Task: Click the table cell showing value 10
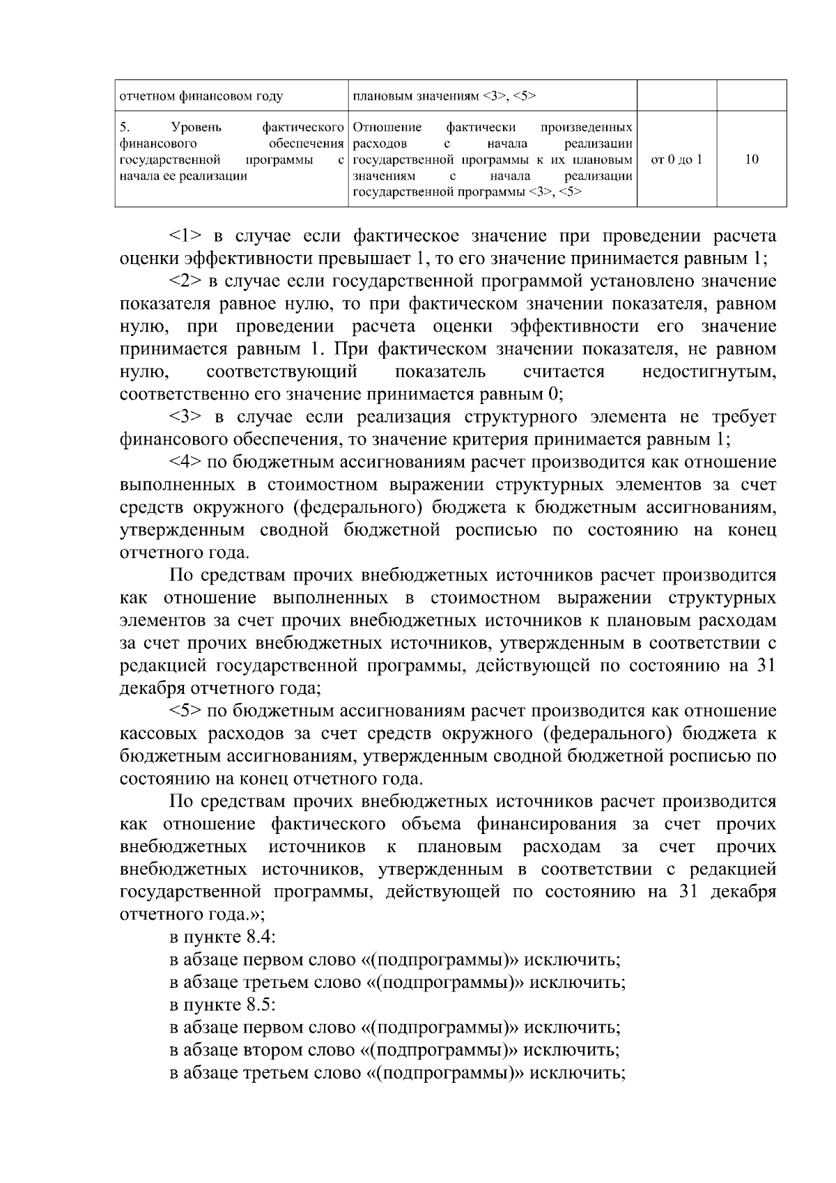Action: click(x=751, y=160)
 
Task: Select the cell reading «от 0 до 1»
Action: click(x=676, y=160)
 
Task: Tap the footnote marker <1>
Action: click(x=185, y=236)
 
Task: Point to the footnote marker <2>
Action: click(x=185, y=281)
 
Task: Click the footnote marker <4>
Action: click(x=185, y=463)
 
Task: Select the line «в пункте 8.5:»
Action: click(x=223, y=1005)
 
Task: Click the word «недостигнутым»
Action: click(x=709, y=372)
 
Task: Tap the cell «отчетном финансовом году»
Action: click(x=201, y=95)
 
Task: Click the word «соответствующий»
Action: click(x=282, y=372)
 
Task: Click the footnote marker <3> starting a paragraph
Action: click(x=185, y=417)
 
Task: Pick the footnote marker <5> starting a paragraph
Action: click(x=185, y=711)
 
